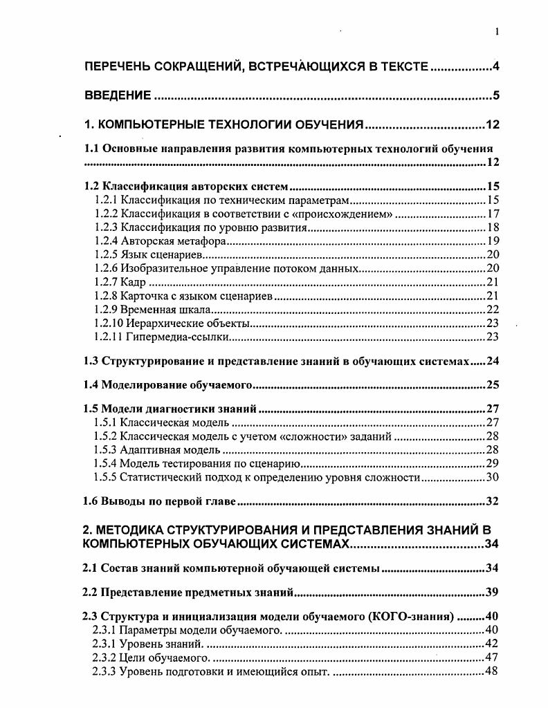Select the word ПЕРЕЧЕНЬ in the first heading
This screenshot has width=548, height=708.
tap(119, 67)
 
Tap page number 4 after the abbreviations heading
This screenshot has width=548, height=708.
tap(496, 67)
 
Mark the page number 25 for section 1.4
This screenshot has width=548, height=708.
tap(493, 385)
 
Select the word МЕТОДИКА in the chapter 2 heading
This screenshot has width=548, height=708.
tap(138, 530)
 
